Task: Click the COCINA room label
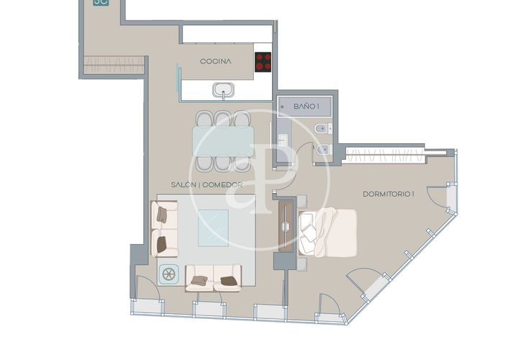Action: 215,61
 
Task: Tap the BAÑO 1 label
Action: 306,107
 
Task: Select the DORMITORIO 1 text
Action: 388,194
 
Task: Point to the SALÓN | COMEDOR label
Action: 206,185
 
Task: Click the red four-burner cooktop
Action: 263,62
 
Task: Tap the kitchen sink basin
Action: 224,90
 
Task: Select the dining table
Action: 223,141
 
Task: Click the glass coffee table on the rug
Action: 213,228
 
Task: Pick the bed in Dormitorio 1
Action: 327,233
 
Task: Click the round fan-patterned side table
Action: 168,274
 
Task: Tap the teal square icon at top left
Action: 101,3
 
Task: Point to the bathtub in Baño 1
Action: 304,107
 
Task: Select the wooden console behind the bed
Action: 286,227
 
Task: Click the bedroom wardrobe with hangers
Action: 384,155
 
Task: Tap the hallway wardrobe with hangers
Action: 114,65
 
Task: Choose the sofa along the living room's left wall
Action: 165,229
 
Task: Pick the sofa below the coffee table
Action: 213,279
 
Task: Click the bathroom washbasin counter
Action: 283,140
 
